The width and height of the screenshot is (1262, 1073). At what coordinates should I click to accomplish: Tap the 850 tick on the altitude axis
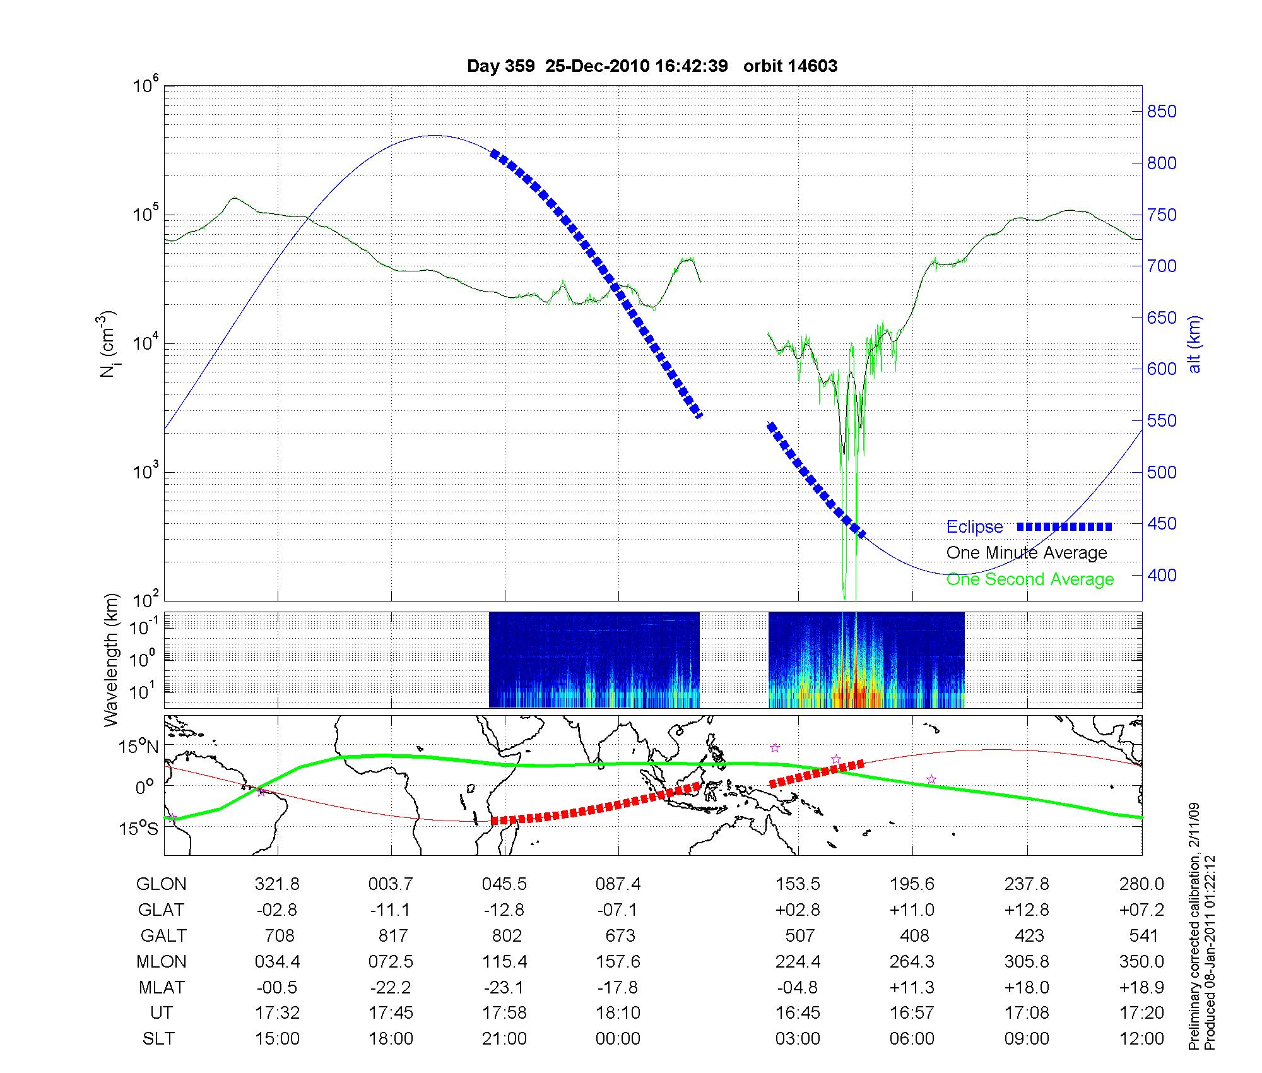pyautogui.click(x=1162, y=112)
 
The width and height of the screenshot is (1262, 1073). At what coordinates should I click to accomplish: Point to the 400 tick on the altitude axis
pyautogui.click(x=1162, y=575)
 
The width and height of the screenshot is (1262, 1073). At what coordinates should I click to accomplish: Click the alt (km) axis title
pyautogui.click(x=1194, y=344)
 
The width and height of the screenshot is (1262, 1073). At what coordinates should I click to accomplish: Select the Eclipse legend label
pyautogui.click(x=974, y=527)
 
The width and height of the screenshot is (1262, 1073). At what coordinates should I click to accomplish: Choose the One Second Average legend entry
pyautogui.click(x=1030, y=579)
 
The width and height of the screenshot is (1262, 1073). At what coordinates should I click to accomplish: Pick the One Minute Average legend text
pyautogui.click(x=1027, y=553)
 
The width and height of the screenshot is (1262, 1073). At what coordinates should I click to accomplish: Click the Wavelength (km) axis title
pyautogui.click(x=111, y=660)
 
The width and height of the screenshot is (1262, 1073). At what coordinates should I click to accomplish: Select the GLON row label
pyautogui.click(x=161, y=884)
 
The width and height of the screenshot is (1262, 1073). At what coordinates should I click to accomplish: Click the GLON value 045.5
pyautogui.click(x=504, y=884)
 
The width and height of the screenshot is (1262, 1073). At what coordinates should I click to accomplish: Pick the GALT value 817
pyautogui.click(x=392, y=935)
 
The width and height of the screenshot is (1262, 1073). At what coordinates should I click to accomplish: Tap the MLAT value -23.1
pyautogui.click(x=504, y=987)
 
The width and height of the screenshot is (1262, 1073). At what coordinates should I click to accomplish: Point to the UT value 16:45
pyautogui.click(x=798, y=1013)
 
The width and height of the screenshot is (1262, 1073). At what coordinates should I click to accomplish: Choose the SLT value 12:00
pyautogui.click(x=1141, y=1039)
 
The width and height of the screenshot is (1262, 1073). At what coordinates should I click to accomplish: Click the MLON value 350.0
pyautogui.click(x=1141, y=961)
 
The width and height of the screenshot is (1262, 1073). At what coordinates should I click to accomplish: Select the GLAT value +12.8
pyautogui.click(x=1027, y=910)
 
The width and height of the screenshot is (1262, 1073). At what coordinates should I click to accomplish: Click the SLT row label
pyautogui.click(x=158, y=1039)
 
